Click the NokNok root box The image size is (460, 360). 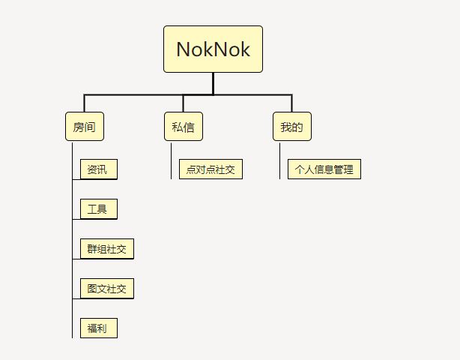pyautogui.click(x=213, y=49)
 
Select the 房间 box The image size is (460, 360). pyautogui.click(x=85, y=127)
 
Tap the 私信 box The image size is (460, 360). pyautogui.click(x=184, y=127)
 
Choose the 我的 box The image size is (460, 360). pyautogui.click(x=292, y=127)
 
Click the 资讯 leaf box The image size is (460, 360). pyautogui.click(x=99, y=169)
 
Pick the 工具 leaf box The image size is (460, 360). pyautogui.click(x=99, y=209)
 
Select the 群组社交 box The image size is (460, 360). pyautogui.click(x=107, y=249)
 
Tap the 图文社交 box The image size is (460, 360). pyautogui.click(x=107, y=289)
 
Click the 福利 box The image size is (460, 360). pyautogui.click(x=99, y=328)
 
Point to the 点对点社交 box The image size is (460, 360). pyautogui.click(x=211, y=169)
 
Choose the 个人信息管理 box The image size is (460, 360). pyautogui.click(x=324, y=169)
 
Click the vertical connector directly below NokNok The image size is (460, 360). pyautogui.click(x=213, y=84)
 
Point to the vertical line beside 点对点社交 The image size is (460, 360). pyautogui.click(x=172, y=161)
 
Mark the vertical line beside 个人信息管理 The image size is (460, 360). pyautogui.click(x=280, y=161)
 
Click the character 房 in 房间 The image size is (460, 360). pyautogui.click(x=79, y=127)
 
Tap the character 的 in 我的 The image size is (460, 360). pyautogui.click(x=297, y=127)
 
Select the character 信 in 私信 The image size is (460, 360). pyautogui.click(x=189, y=127)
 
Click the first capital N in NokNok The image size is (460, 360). pyautogui.click(x=184, y=49)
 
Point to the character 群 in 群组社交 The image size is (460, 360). pyautogui.click(x=92, y=249)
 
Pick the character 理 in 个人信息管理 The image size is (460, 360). pyautogui.click(x=348, y=169)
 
